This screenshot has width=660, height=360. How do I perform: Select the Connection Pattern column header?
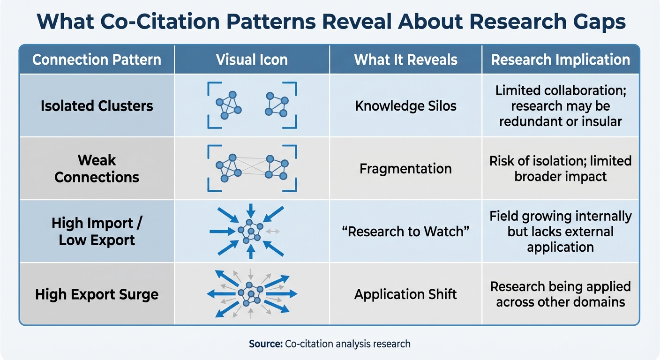pyautogui.click(x=97, y=60)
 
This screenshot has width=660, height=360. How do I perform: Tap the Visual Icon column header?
pyautogui.click(x=252, y=60)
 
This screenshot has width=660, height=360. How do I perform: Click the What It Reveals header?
pyautogui.click(x=405, y=60)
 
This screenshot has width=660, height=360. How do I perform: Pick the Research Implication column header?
pyautogui.click(x=560, y=60)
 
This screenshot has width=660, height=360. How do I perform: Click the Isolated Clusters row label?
pyautogui.click(x=97, y=106)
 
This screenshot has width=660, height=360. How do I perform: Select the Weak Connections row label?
pyautogui.click(x=97, y=169)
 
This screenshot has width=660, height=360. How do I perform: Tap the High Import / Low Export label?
pyautogui.click(x=97, y=232)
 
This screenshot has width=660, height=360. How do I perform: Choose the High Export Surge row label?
pyautogui.click(x=97, y=294)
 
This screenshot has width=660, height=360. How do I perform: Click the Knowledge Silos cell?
pyautogui.click(x=405, y=106)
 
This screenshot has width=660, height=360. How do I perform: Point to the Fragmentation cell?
pyautogui.click(x=405, y=169)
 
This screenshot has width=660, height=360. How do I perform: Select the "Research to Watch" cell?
pyautogui.click(x=405, y=232)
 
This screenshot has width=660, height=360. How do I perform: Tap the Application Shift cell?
pyautogui.click(x=405, y=294)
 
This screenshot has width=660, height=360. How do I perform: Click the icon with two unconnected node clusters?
pyautogui.click(x=252, y=105)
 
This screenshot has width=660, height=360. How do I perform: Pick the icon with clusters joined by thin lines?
pyautogui.click(x=252, y=168)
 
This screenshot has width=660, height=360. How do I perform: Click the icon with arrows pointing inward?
pyautogui.click(x=248, y=231)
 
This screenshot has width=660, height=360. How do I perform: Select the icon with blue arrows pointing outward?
pyautogui.click(x=252, y=294)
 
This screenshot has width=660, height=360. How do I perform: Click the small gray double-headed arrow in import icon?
pyautogui.click(x=273, y=231)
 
